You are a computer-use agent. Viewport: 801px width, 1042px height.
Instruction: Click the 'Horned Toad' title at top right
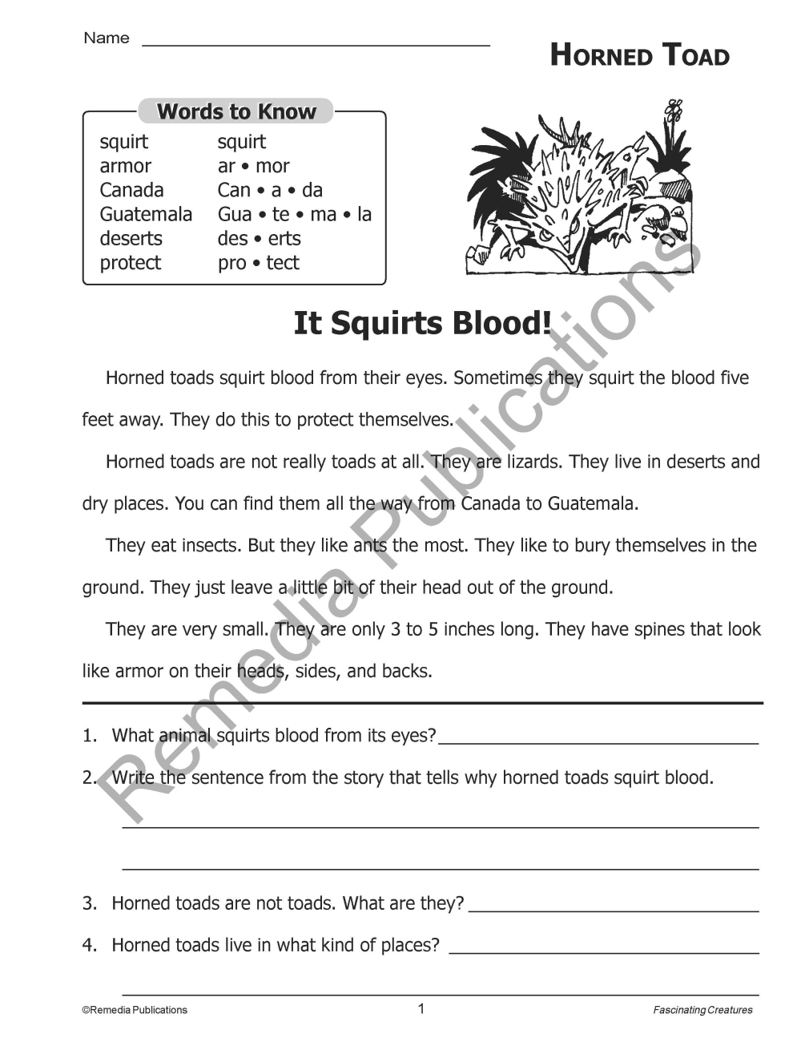click(639, 55)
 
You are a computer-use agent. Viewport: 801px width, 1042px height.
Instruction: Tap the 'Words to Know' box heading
click(236, 111)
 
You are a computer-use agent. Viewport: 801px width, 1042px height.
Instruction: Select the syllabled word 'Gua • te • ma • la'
click(294, 214)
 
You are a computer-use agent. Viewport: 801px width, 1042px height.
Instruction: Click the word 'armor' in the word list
click(125, 166)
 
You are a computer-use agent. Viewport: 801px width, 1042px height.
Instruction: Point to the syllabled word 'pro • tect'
click(258, 262)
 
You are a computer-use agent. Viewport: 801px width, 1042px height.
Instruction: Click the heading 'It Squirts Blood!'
click(422, 323)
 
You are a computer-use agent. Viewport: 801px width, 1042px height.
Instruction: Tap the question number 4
click(89, 945)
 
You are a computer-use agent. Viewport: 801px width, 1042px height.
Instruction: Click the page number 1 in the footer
click(421, 1008)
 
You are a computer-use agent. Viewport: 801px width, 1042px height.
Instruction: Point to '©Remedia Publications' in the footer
click(135, 1010)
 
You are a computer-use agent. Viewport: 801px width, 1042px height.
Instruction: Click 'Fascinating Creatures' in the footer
click(702, 1010)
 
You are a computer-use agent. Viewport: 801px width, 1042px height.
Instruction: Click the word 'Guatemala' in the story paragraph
click(592, 503)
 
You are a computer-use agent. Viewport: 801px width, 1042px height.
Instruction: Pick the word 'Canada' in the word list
click(131, 190)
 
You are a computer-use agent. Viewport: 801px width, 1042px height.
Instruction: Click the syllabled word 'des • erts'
click(259, 238)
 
